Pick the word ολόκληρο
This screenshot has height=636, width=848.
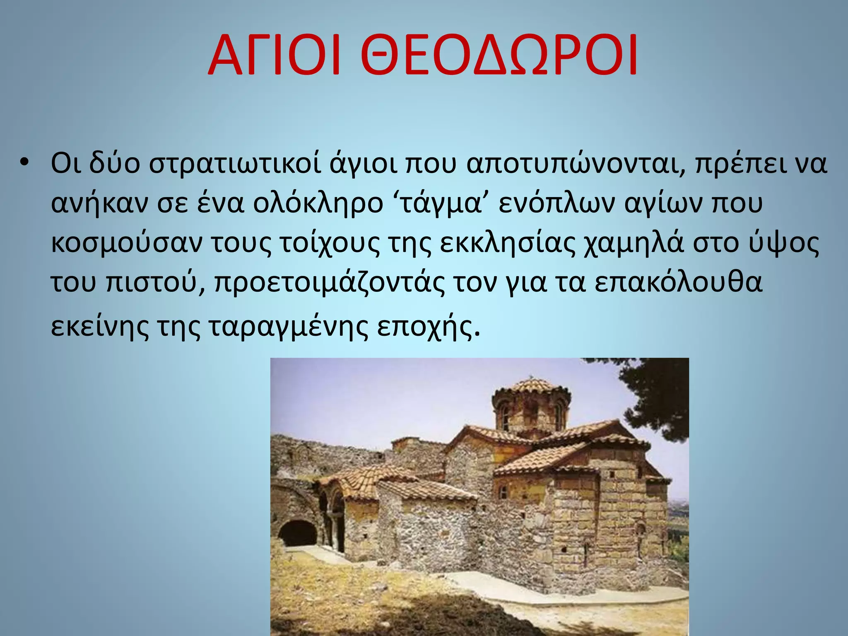pyautogui.click(x=318, y=204)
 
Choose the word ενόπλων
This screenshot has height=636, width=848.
pyautogui.click(x=556, y=204)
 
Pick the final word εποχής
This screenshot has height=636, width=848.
pyautogui.click(x=429, y=327)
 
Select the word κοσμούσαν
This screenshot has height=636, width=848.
pyautogui.click(x=127, y=243)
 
